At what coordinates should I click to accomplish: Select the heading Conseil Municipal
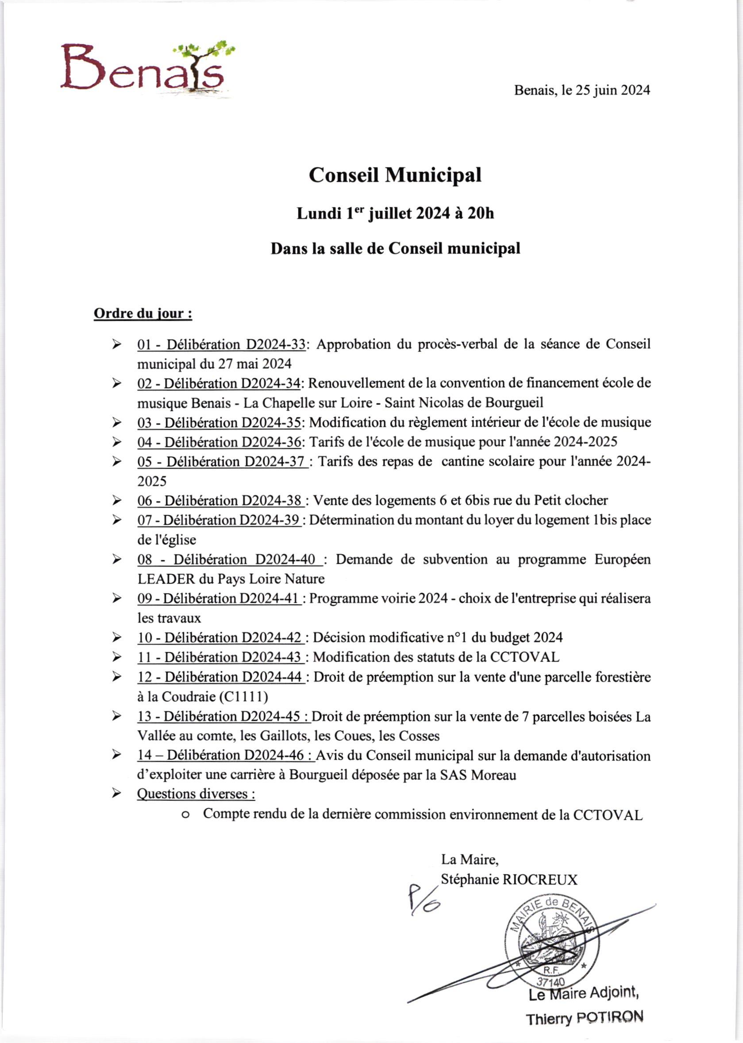(395, 175)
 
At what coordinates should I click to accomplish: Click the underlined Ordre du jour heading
(143, 314)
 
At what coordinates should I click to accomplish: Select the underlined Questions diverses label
(196, 794)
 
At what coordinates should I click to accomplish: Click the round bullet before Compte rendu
(185, 815)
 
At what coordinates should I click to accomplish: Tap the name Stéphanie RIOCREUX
(509, 879)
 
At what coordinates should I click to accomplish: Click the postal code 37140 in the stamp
(551, 982)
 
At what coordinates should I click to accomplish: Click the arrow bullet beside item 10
(117, 637)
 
